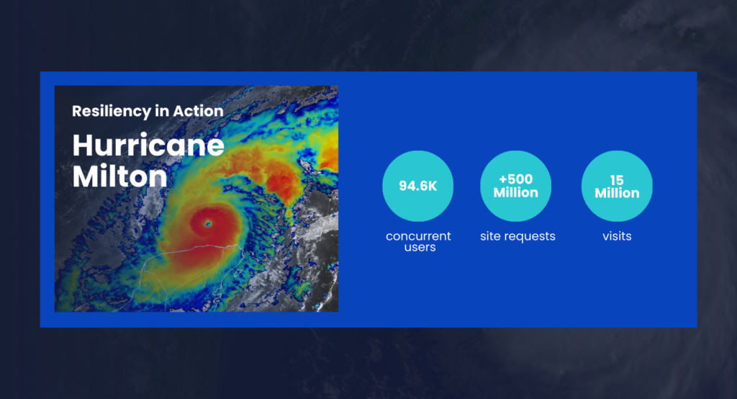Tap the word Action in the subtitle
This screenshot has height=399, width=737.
(198, 111)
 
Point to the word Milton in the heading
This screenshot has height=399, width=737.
(120, 176)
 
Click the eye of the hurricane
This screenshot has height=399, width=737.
(208, 224)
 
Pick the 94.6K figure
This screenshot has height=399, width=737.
(418, 187)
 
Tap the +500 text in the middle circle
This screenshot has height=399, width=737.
(515, 179)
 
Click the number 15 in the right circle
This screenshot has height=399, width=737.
(617, 180)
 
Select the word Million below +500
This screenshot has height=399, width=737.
(515, 192)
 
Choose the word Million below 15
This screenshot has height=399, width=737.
(617, 193)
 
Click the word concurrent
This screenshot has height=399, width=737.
(418, 236)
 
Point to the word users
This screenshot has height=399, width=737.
(420, 247)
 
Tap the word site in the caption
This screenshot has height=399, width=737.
(489, 236)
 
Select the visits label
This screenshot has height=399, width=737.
(617, 236)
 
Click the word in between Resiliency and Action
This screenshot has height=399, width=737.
(162, 111)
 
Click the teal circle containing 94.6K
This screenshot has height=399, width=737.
(418, 186)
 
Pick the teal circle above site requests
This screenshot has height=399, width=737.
(515, 186)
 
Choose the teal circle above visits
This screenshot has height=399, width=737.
(617, 186)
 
